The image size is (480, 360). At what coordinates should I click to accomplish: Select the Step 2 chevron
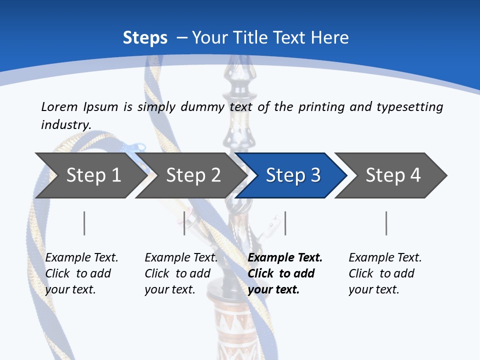pyautogui.click(x=190, y=175)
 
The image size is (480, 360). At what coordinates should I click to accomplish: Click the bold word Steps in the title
pyautogui.click(x=145, y=37)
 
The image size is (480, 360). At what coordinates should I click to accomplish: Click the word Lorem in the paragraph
pyautogui.click(x=59, y=106)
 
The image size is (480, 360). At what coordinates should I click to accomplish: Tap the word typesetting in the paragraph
pyautogui.click(x=409, y=107)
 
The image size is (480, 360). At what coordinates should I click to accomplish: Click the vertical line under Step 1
pyautogui.click(x=84, y=223)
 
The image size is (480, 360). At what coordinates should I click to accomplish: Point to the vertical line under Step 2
pyautogui.click(x=184, y=223)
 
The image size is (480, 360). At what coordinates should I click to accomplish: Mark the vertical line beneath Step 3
pyautogui.click(x=285, y=223)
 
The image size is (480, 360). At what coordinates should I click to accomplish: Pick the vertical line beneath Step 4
pyautogui.click(x=386, y=223)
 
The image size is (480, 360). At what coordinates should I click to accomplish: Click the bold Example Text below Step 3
pyautogui.click(x=285, y=258)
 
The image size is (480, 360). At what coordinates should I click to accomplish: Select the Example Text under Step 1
pyautogui.click(x=81, y=258)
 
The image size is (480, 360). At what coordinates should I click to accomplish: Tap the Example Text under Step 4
pyautogui.click(x=385, y=258)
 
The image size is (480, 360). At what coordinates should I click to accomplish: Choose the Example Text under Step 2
pyautogui.click(x=181, y=258)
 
